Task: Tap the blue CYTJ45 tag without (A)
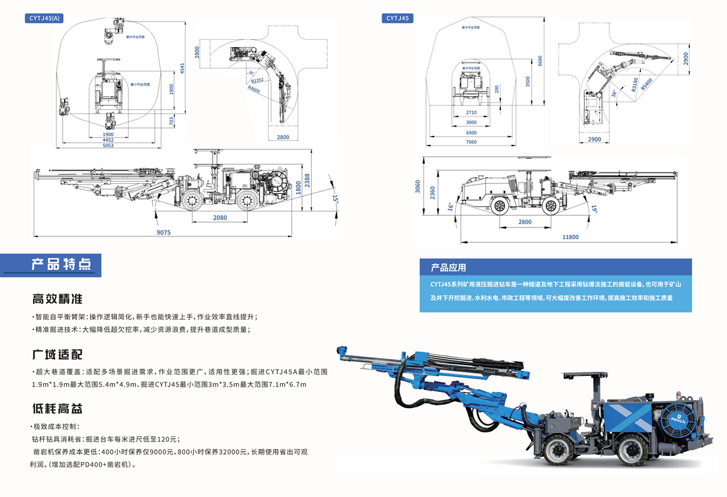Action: [398, 18]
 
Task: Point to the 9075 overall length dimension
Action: [164, 233]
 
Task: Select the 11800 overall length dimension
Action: [570, 237]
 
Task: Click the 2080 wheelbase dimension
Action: [220, 218]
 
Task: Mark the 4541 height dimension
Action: [182, 68]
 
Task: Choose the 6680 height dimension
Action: [540, 61]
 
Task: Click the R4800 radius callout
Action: [254, 88]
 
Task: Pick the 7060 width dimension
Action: [471, 142]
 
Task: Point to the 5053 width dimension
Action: [108, 145]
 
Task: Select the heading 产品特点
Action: [61, 264]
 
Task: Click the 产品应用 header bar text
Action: [449, 267]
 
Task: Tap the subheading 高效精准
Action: [57, 299]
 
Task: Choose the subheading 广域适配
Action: [57, 354]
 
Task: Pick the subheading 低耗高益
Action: [57, 408]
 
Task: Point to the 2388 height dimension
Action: [307, 180]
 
